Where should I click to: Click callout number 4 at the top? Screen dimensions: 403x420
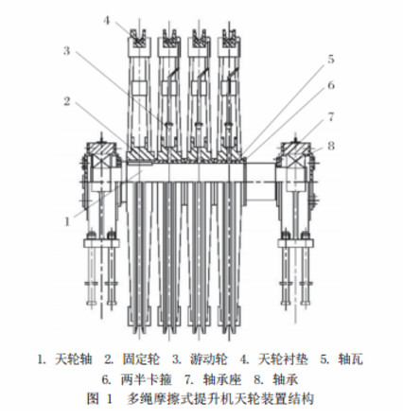(x=107, y=21)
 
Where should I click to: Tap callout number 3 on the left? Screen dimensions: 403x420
(x=66, y=51)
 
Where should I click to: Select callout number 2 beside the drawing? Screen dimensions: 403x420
(x=67, y=101)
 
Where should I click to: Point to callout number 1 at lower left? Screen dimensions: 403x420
(x=67, y=221)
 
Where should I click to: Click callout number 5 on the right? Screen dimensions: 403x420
(x=330, y=59)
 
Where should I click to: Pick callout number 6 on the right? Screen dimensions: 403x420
(x=331, y=85)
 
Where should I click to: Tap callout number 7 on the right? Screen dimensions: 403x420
(x=331, y=117)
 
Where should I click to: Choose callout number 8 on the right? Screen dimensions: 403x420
(x=331, y=146)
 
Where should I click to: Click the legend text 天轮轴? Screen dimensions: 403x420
(x=73, y=359)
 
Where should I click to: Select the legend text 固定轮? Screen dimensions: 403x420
(x=141, y=359)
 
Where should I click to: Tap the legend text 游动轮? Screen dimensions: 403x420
(x=209, y=359)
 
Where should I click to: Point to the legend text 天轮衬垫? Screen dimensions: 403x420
(x=283, y=359)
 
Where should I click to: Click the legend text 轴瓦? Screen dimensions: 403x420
(x=350, y=359)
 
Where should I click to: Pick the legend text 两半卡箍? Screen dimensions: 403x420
(x=146, y=379)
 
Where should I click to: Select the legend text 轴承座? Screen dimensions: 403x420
(x=222, y=379)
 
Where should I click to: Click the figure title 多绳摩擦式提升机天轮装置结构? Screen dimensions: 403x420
(x=220, y=399)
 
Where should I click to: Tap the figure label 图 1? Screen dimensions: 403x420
(x=99, y=399)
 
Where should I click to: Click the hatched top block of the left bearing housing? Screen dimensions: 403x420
(x=101, y=149)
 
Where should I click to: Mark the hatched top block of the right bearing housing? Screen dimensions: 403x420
(x=295, y=149)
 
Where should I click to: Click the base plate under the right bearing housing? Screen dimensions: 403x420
(x=295, y=243)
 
